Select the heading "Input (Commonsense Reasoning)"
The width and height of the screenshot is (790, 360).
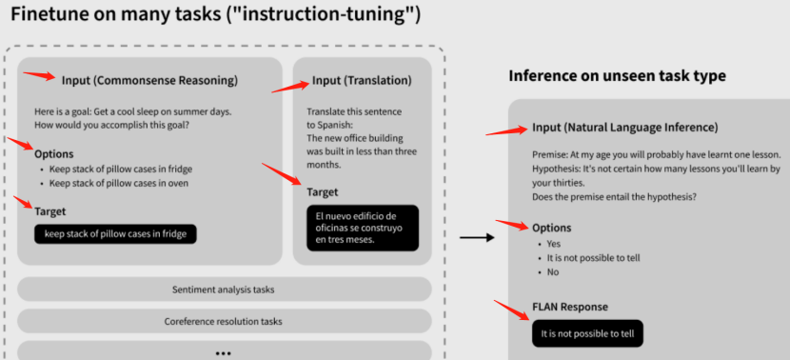pyautogui.click(x=149, y=80)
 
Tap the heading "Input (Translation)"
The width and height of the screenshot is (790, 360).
pyautogui.click(x=362, y=81)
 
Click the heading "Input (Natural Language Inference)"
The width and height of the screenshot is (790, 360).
pyautogui.click(x=624, y=127)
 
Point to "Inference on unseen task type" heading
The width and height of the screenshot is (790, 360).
pyautogui.click(x=619, y=76)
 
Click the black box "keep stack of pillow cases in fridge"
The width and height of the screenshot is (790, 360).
pyautogui.click(x=115, y=233)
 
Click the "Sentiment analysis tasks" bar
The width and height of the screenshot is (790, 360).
pyautogui.click(x=224, y=290)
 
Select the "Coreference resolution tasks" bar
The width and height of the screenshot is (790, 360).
pyautogui.click(x=224, y=321)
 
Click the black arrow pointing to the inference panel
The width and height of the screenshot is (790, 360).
pyautogui.click(x=476, y=237)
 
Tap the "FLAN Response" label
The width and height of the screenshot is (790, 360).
pyautogui.click(x=570, y=307)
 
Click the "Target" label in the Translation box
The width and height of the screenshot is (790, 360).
pyautogui.click(x=323, y=192)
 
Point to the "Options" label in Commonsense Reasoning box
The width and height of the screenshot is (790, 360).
pyautogui.click(x=53, y=153)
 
